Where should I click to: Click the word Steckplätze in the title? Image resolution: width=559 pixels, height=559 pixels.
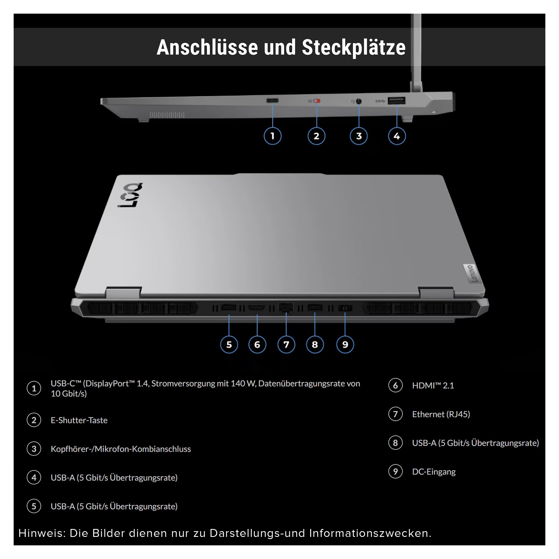(x=353, y=47)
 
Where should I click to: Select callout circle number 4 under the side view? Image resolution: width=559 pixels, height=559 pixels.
(x=397, y=136)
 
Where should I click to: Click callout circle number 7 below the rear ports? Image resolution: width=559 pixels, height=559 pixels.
(x=286, y=345)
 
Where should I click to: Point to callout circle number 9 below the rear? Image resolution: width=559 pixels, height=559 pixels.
(x=345, y=345)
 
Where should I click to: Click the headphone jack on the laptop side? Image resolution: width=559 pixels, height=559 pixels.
(x=359, y=101)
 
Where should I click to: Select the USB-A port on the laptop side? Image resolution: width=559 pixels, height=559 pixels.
(x=396, y=101)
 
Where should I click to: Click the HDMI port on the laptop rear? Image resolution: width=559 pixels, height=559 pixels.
(x=257, y=308)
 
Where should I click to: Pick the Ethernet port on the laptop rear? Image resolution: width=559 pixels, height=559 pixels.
(x=286, y=307)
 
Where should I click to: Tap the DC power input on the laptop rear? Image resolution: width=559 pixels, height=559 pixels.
(x=345, y=308)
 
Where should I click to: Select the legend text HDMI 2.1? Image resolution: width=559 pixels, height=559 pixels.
(x=433, y=386)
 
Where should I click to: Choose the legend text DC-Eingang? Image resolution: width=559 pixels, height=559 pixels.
(x=434, y=472)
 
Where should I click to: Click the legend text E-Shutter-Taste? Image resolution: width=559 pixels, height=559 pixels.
(x=79, y=420)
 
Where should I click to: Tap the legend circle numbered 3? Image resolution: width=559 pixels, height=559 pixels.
(x=34, y=449)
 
